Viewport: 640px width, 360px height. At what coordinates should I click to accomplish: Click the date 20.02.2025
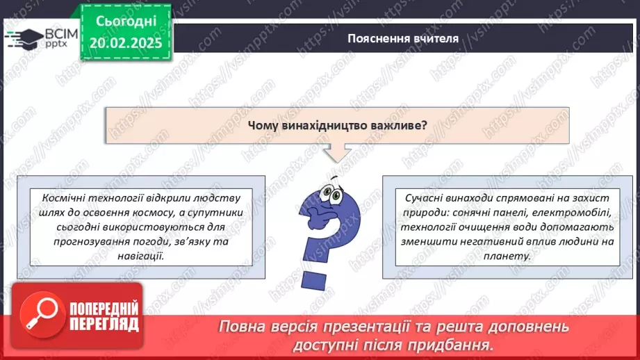point(125,43)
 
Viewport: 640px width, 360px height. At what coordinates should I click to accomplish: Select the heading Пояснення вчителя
point(403,38)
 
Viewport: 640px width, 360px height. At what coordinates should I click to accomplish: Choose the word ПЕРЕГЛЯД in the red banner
point(104,323)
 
